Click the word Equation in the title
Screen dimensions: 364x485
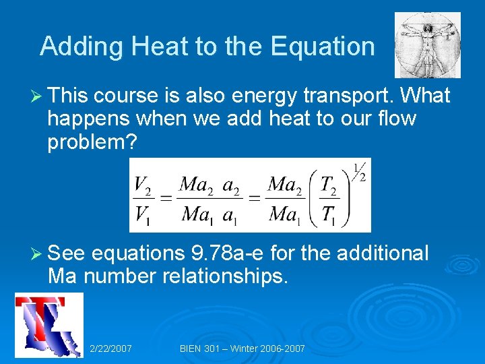322,47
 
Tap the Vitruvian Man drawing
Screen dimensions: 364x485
427,45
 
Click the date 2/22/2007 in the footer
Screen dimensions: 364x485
110,348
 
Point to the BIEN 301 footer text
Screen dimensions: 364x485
243,348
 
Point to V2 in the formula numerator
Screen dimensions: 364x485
141,183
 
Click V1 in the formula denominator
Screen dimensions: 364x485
141,215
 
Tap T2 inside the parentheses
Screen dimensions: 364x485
328,183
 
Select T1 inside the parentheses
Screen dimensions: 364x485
328,215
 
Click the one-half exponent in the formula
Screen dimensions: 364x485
358,173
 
